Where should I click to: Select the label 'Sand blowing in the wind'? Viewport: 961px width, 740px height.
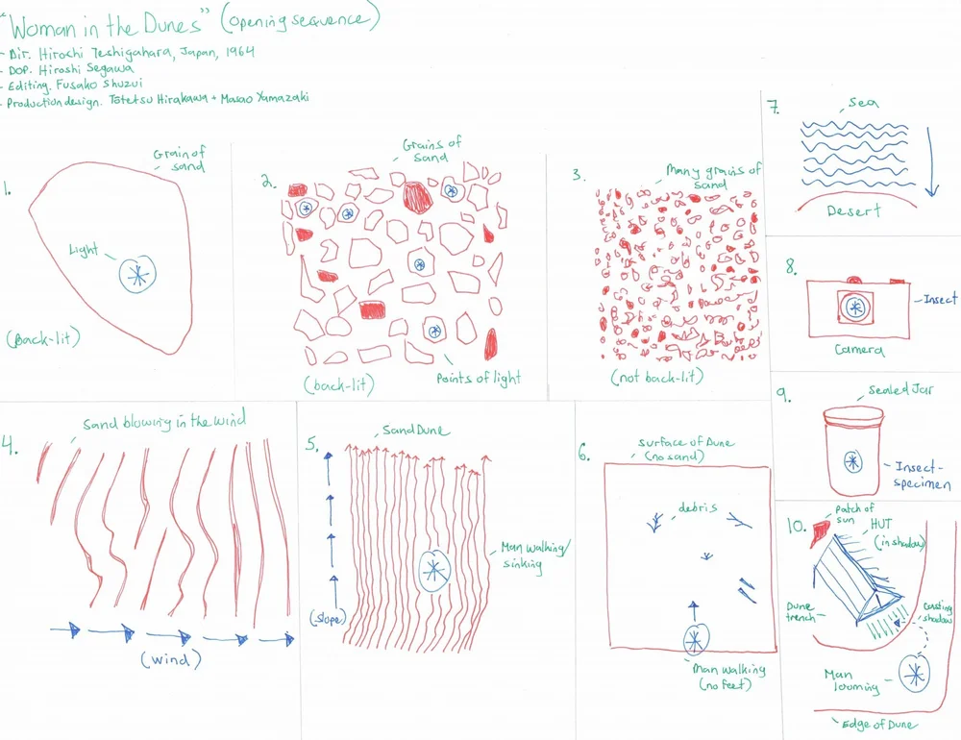[163, 422]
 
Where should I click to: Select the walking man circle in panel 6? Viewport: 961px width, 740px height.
[695, 638]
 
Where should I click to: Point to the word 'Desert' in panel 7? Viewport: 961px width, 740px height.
[853, 210]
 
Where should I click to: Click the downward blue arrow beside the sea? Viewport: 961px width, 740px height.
[931, 159]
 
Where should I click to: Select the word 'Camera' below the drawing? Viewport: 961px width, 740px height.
[858, 350]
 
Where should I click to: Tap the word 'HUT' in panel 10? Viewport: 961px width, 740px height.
[881, 524]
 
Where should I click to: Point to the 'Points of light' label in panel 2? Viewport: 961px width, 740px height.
[478, 378]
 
